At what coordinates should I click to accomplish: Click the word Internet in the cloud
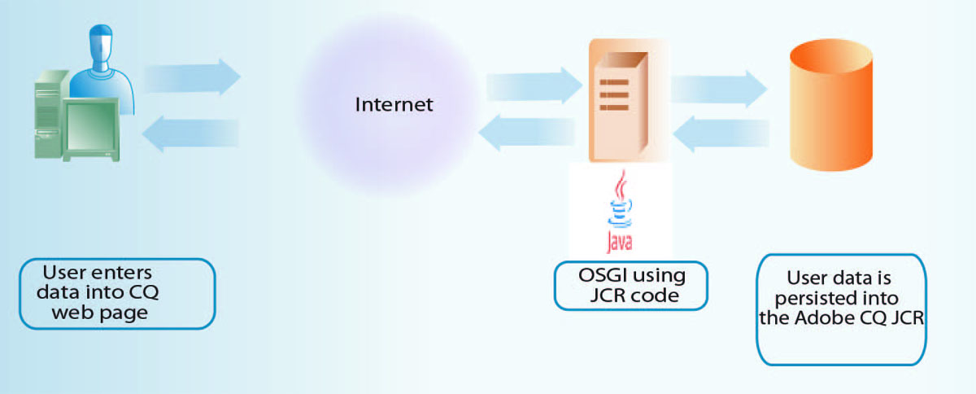[394, 104]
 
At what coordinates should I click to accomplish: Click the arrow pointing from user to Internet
[193, 77]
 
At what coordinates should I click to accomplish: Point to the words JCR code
[634, 295]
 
